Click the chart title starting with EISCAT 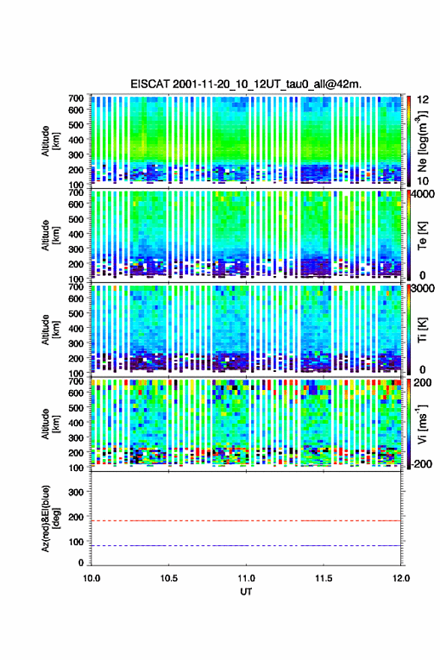click(246, 84)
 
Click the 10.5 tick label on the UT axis click(169, 578)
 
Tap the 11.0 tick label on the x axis click(246, 578)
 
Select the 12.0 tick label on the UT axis click(401, 578)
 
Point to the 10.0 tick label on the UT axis click(91, 578)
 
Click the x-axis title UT click(246, 592)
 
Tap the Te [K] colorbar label click(422, 235)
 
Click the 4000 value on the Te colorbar click(423, 195)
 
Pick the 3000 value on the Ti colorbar click(423, 289)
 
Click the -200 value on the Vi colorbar click(422, 464)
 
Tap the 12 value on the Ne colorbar click(423, 100)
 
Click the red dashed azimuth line click(246, 520)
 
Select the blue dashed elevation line click(246, 545)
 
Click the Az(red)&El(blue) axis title click(50, 519)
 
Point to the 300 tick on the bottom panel click(76, 492)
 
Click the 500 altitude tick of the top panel click(76, 124)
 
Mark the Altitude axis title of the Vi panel click(50, 424)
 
